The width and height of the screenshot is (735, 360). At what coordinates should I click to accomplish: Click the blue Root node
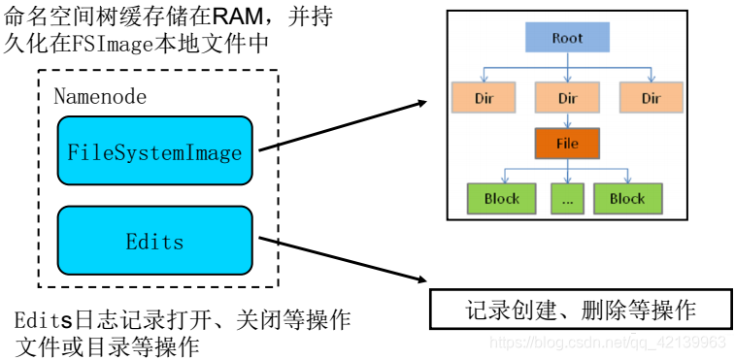(567, 39)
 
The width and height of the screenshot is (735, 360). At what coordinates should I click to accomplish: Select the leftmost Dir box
(484, 98)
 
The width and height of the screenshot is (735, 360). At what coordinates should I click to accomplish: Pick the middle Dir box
(567, 98)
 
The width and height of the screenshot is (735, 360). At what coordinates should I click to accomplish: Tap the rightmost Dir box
(651, 98)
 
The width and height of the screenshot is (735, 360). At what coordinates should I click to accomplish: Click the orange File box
(567, 144)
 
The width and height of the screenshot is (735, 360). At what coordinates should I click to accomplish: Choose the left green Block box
(501, 198)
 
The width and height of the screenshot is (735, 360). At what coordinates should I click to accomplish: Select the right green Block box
(626, 198)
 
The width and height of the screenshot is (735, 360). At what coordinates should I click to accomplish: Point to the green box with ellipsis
(566, 198)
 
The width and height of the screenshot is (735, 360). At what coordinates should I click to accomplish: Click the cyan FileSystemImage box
(154, 151)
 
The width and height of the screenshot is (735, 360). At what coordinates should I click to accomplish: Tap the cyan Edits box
(154, 240)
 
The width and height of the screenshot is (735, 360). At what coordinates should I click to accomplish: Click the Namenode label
(100, 96)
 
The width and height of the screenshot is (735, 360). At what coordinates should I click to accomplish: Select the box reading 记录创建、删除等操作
(581, 310)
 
